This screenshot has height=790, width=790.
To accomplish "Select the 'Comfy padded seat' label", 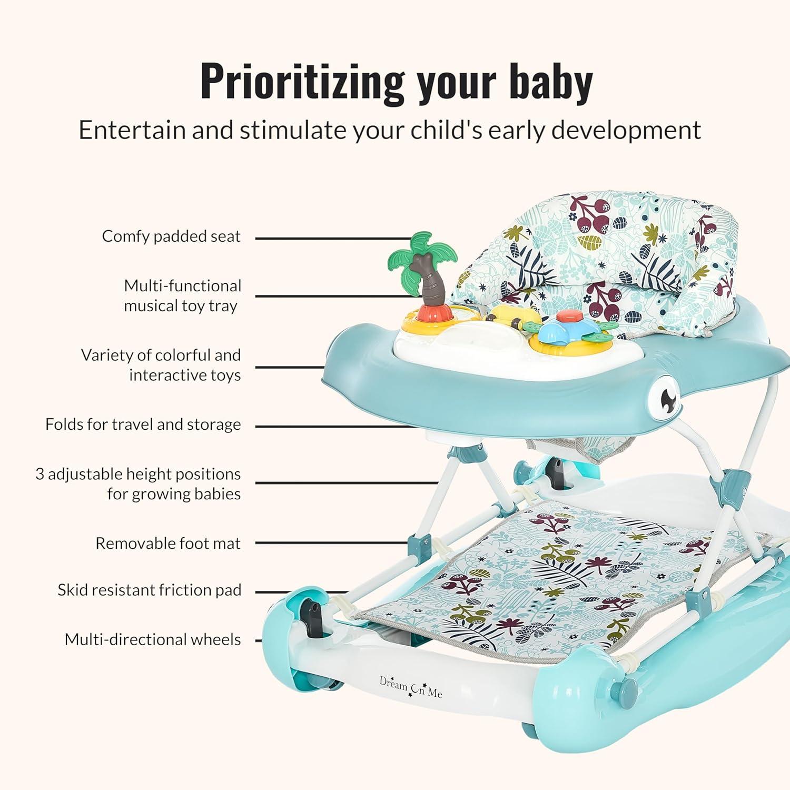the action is point(171,236).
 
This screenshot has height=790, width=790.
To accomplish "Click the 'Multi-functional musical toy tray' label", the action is point(182,295).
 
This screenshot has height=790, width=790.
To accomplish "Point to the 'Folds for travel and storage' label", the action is point(143,424).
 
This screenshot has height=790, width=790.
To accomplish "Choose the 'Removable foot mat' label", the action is point(168,543).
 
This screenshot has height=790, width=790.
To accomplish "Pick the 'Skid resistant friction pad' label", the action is point(150,590).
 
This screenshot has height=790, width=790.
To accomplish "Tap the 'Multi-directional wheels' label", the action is point(153,639).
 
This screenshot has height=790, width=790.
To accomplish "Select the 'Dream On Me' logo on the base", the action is point(411,687).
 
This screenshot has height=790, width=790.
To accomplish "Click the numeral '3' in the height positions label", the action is point(40,474).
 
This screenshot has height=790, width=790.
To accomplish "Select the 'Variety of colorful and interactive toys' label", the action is point(161,364).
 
